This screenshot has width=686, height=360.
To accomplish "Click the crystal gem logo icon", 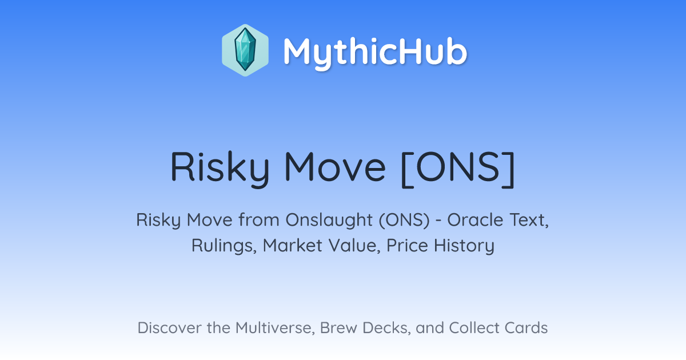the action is pos(245,50).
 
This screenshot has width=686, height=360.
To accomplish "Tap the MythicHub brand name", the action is pos(375,52).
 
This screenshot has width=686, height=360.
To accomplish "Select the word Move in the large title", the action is pos(335,167).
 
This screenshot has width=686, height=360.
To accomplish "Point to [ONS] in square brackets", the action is pos(458,168).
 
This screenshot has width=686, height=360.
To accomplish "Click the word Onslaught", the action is pos(329,221).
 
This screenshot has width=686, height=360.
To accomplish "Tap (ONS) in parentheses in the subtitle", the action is pos(404,221).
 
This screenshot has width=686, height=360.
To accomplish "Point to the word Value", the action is pos(354,246).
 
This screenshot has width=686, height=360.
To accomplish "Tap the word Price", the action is pos(407,246).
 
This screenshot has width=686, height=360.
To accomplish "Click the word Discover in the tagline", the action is pos(169,328).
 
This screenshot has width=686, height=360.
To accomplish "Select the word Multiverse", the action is pos(275,328).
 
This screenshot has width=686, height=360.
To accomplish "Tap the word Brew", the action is pos(338,328).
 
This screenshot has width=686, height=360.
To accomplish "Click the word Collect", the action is pos(474,328).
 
